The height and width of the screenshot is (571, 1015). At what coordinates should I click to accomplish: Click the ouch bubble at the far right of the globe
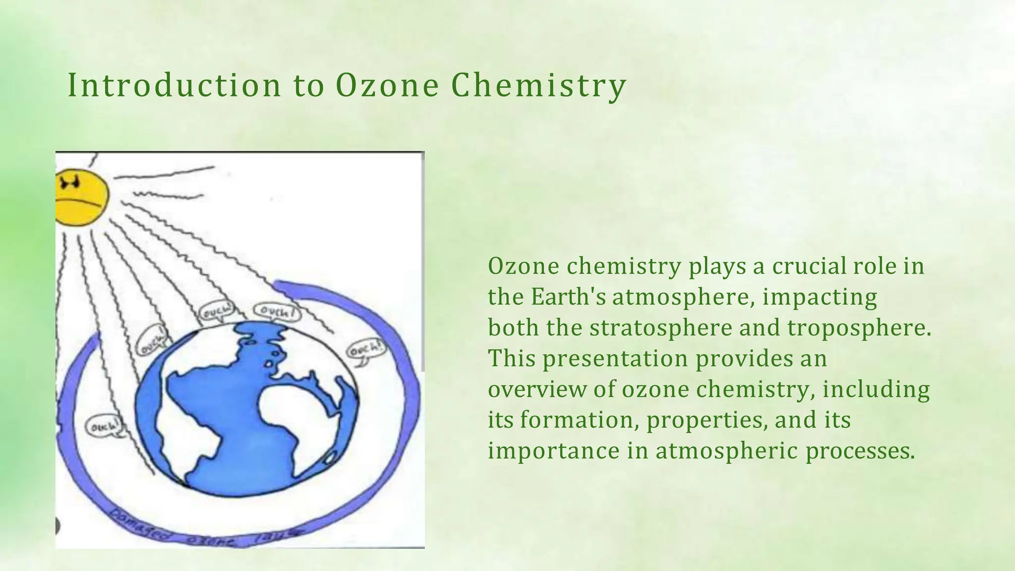click(x=365, y=350)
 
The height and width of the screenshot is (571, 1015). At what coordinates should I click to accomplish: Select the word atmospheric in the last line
click(x=727, y=451)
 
